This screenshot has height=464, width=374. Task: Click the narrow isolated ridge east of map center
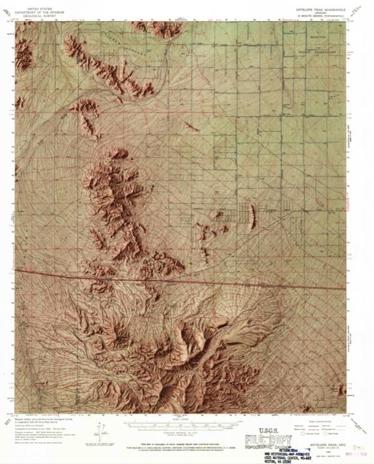point(251,215)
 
